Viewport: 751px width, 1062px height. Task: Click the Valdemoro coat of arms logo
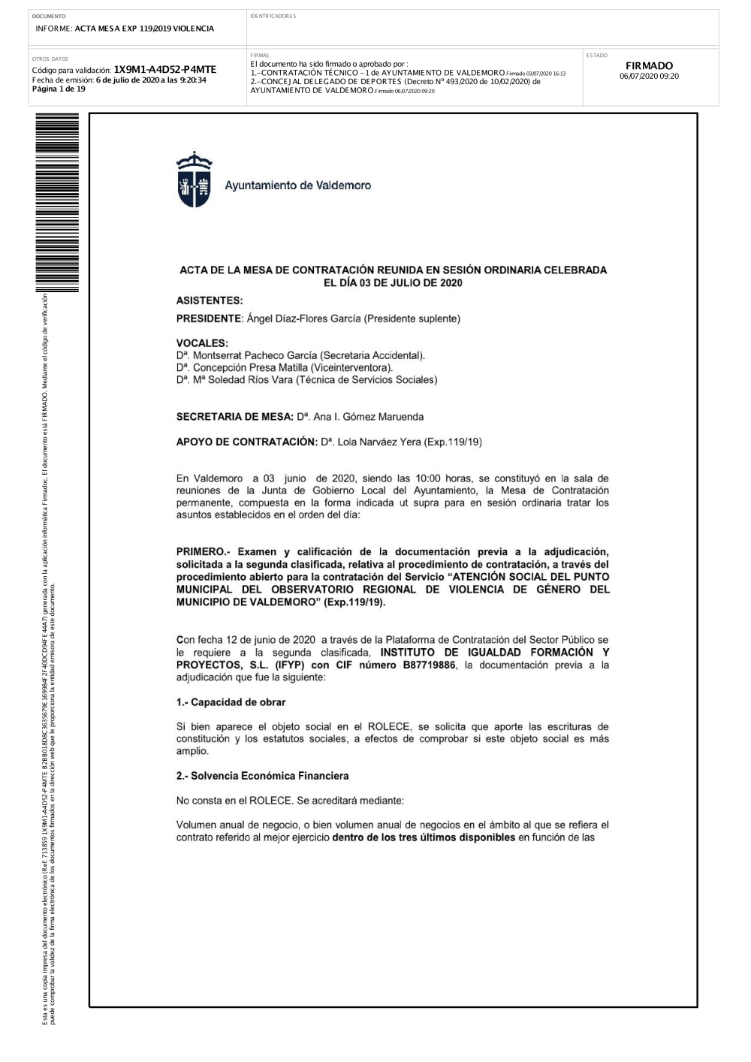189,180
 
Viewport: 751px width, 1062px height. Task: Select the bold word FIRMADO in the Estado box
649,66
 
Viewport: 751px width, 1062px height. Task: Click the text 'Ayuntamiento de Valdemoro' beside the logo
298,185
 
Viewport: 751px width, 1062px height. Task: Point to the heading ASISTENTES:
210,300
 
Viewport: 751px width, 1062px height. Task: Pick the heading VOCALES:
202,343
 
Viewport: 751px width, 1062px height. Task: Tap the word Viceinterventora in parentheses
351,367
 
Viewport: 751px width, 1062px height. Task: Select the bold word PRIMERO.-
202,552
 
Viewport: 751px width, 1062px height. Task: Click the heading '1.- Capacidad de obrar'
231,702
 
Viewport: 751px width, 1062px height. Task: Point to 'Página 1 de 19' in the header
59,89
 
